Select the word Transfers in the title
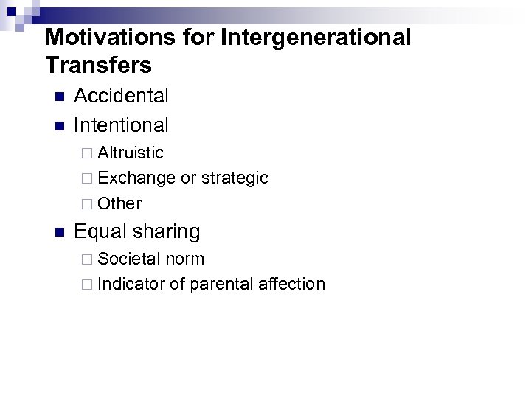[98, 65]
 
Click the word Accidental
[122, 96]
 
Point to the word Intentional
[122, 125]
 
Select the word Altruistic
[131, 153]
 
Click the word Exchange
[136, 178]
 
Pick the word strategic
[235, 178]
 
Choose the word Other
[119, 203]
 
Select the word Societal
[129, 259]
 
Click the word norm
[185, 259]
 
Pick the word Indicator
[131, 284]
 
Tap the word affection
[291, 284]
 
